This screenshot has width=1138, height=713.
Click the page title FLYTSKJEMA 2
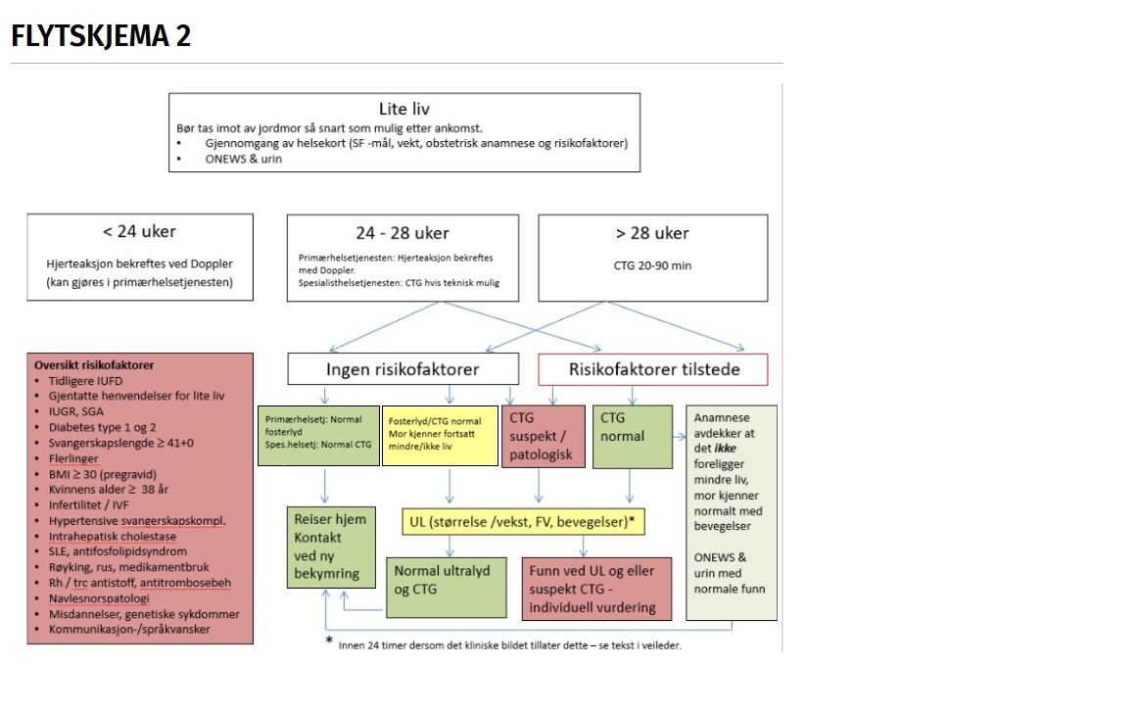click(101, 36)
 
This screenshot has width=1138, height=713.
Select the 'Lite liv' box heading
click(403, 109)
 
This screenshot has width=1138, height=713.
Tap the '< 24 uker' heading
click(139, 232)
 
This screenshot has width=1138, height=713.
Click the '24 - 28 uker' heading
click(403, 233)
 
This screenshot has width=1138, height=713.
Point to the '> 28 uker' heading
click(652, 233)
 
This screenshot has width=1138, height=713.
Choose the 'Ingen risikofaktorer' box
click(403, 369)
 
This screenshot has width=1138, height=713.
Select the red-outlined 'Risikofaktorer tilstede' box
click(653, 369)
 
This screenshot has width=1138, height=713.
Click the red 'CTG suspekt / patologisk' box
click(544, 437)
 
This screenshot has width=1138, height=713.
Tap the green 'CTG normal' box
click(632, 437)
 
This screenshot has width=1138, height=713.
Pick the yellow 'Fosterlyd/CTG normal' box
click(441, 435)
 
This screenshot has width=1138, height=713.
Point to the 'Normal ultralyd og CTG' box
click(447, 587)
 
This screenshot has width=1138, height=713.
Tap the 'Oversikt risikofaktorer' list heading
click(94, 365)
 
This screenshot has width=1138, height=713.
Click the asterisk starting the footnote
click(329, 641)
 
